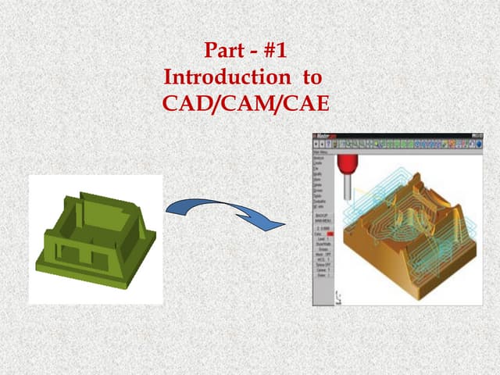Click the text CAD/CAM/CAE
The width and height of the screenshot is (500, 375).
coord(246,102)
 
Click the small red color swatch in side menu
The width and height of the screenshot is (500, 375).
coord(330,233)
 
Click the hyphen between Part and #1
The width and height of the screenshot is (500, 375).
coord(251,52)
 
